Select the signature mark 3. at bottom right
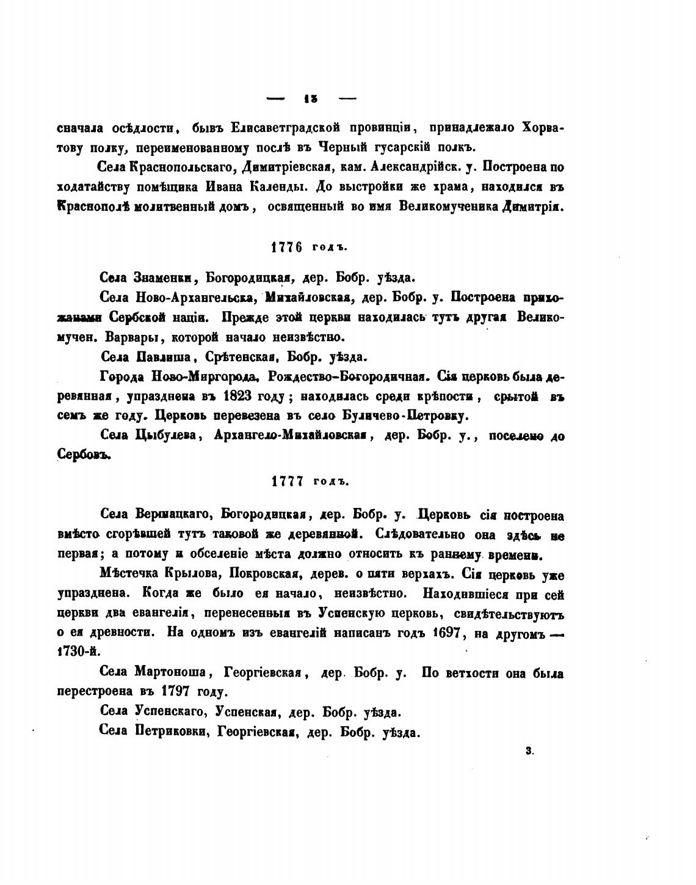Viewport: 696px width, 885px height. pos(529,752)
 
